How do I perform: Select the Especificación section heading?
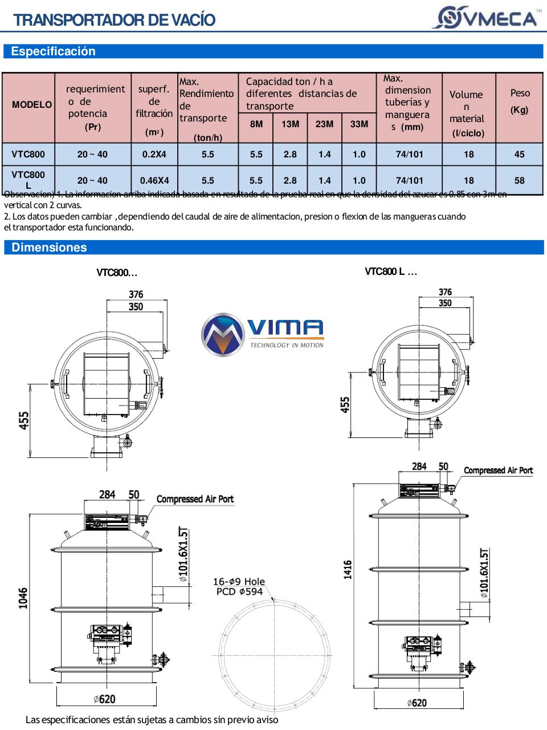pos(53,51)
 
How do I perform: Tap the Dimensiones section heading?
pos(49,248)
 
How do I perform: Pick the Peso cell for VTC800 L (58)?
pos(519,180)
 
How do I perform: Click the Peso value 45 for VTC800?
pos(519,154)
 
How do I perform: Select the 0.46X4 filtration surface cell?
pos(154,180)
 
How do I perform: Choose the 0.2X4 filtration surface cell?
pos(154,154)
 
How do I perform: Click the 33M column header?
pos(359,124)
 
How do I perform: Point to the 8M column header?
pos(256,124)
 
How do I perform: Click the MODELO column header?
pos(32,105)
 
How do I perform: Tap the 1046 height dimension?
pos(23,598)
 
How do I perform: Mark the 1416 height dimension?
pos(348,569)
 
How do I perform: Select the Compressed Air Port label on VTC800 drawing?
pos(195,499)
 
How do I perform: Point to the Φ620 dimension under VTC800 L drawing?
pos(417,703)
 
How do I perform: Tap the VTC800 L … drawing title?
pos(391,271)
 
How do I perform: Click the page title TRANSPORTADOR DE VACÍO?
pos(115,20)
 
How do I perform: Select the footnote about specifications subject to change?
pos(152,720)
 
